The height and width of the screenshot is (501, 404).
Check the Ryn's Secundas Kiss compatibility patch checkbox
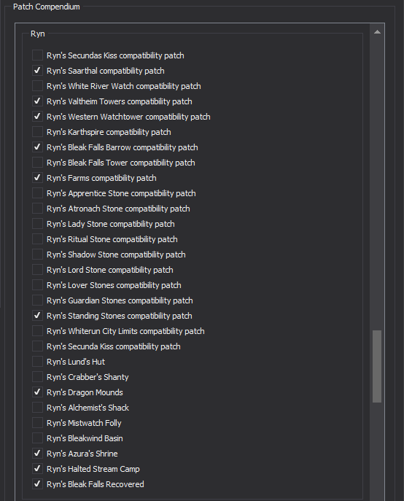click(37, 55)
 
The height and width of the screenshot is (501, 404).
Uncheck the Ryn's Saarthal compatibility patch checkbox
click(37, 70)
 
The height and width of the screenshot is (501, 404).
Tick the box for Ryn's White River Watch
click(37, 85)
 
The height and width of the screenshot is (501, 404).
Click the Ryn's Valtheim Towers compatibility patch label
click(119, 101)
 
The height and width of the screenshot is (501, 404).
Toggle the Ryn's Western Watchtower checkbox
click(37, 116)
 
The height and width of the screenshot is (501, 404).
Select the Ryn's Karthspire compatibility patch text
click(109, 132)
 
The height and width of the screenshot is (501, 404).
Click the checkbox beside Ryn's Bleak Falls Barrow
click(37, 147)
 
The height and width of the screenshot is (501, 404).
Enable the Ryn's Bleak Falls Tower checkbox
click(37, 163)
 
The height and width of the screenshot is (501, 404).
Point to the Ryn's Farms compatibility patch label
click(101, 178)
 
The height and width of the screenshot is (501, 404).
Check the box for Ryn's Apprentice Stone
click(37, 193)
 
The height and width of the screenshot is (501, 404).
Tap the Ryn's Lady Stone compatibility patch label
click(111, 224)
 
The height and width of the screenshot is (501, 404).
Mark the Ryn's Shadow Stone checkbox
click(37, 255)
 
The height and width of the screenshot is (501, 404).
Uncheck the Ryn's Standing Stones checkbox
click(37, 316)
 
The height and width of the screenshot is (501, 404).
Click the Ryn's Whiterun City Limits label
click(125, 331)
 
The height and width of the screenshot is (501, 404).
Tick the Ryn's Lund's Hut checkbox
click(37, 362)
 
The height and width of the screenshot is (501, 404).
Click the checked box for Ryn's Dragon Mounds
click(37, 392)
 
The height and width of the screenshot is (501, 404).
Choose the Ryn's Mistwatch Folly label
click(84, 423)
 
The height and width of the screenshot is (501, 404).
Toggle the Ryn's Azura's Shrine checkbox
click(37, 454)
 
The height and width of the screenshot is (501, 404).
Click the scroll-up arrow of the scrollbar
click(377, 32)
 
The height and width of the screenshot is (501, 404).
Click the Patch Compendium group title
click(47, 7)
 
